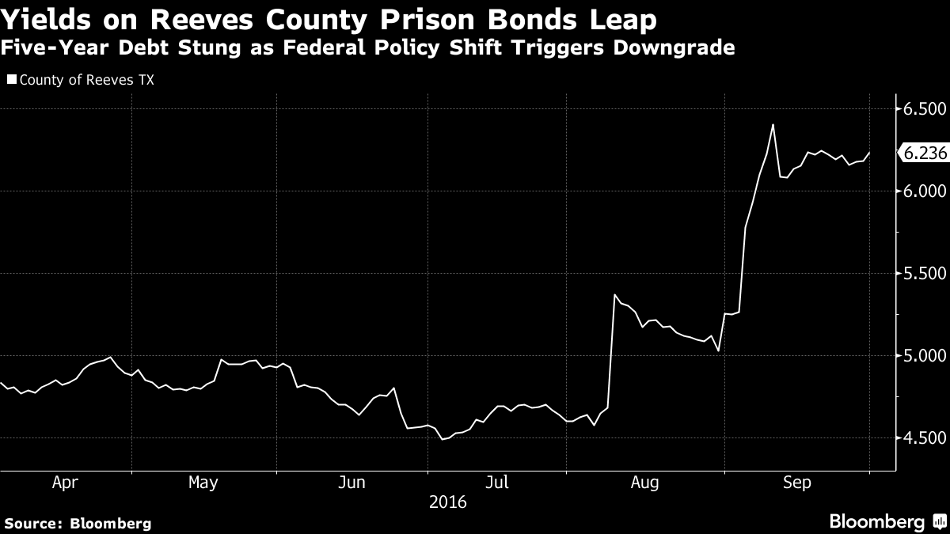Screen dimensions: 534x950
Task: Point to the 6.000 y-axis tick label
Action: [x=925, y=191]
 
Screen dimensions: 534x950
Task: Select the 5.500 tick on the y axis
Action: [x=925, y=274]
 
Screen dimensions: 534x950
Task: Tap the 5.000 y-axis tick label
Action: [x=925, y=356]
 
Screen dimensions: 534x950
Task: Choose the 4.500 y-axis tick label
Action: [x=925, y=438]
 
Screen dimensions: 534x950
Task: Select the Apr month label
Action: [x=65, y=483]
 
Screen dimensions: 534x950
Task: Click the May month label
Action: [x=203, y=483]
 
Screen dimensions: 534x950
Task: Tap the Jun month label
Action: [x=352, y=483]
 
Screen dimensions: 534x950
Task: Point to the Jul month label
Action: [x=496, y=483]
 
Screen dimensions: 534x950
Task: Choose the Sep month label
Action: [x=796, y=483]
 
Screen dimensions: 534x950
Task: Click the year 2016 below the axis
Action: [x=447, y=502]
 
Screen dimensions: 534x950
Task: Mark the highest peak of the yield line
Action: [x=773, y=124]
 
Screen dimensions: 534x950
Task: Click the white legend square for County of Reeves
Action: [x=10, y=79]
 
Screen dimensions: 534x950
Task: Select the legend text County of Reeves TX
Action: [x=74, y=79]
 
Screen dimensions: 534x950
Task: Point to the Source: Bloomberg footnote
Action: [x=78, y=523]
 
